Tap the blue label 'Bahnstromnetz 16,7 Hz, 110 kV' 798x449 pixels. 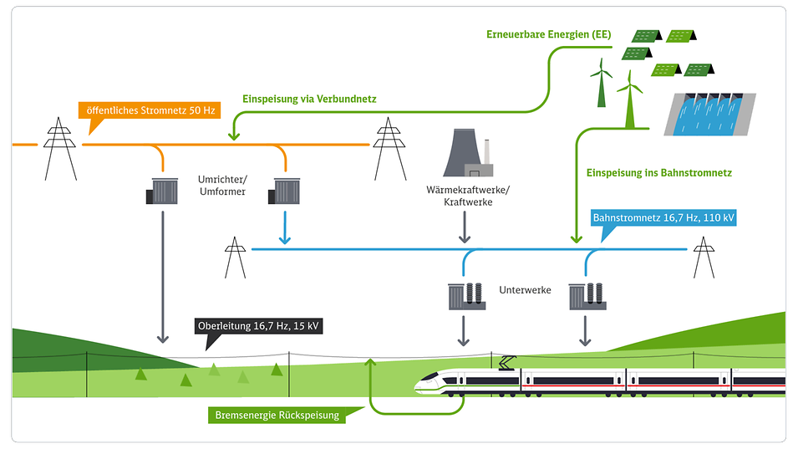663,217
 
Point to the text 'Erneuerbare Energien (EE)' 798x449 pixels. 548,35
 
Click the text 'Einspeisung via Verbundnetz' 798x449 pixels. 309,99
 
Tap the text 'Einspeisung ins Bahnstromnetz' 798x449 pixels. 658,173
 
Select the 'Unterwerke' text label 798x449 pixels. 524,291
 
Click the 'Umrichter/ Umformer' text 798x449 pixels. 221,186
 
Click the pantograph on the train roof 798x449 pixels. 506,362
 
